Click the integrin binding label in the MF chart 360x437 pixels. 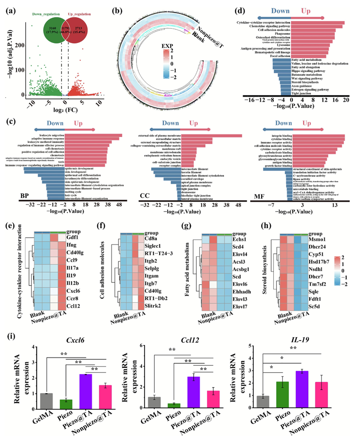tap(283, 135)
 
